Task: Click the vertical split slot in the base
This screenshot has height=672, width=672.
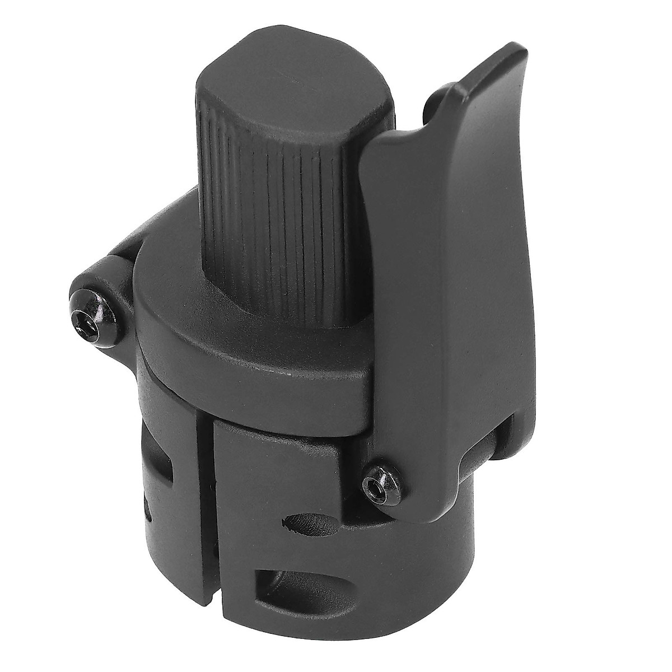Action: [x=206, y=504]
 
